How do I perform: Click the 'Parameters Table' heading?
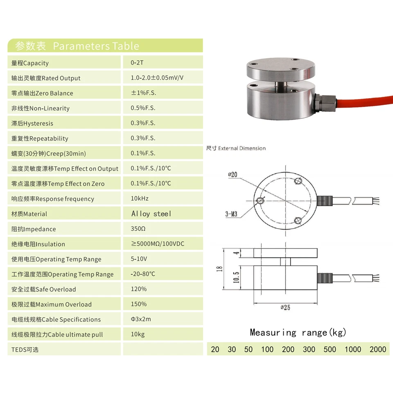point(96,46)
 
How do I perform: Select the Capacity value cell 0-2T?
point(137,63)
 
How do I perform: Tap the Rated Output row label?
point(46,78)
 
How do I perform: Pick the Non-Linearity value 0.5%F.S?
point(143,108)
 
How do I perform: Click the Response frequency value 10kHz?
point(140,199)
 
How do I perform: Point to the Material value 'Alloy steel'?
point(151,214)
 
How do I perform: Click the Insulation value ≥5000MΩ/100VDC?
point(158,244)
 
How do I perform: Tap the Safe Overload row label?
point(44,289)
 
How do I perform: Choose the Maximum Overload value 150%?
point(138,304)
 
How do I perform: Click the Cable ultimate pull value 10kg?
point(138,334)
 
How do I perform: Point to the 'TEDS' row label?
point(25,350)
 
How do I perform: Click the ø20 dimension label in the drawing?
point(233,174)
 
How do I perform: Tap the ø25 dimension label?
point(285,307)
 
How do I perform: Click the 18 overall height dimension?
point(219,269)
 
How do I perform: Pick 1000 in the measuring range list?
point(352,349)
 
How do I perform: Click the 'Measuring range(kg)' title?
point(298,332)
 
